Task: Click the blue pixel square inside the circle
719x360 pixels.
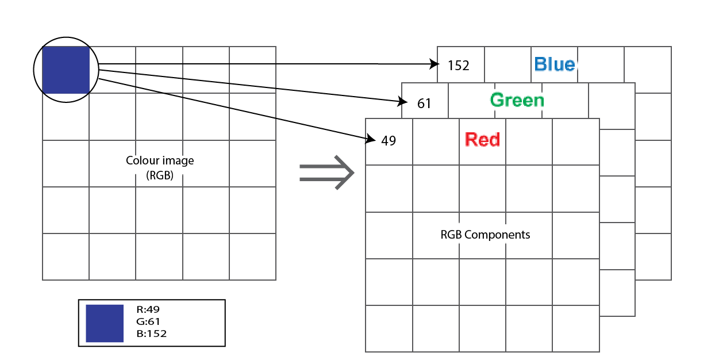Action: pos(66,70)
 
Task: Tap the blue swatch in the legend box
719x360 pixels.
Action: pos(105,323)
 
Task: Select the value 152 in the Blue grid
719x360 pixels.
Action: pos(459,66)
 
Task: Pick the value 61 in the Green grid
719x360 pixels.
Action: pos(424,104)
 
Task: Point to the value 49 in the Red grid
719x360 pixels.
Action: pos(389,141)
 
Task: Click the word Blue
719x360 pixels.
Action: pos(554,64)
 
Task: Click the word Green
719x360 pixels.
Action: pos(517,101)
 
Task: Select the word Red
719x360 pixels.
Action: pos(482,140)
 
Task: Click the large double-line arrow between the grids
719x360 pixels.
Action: pos(326,173)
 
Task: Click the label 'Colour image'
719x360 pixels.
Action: pos(160,160)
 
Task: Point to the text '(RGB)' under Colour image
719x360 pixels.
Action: pos(160,175)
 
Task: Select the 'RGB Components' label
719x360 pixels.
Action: pos(485,235)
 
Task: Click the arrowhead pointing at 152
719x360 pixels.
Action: pos(435,65)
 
